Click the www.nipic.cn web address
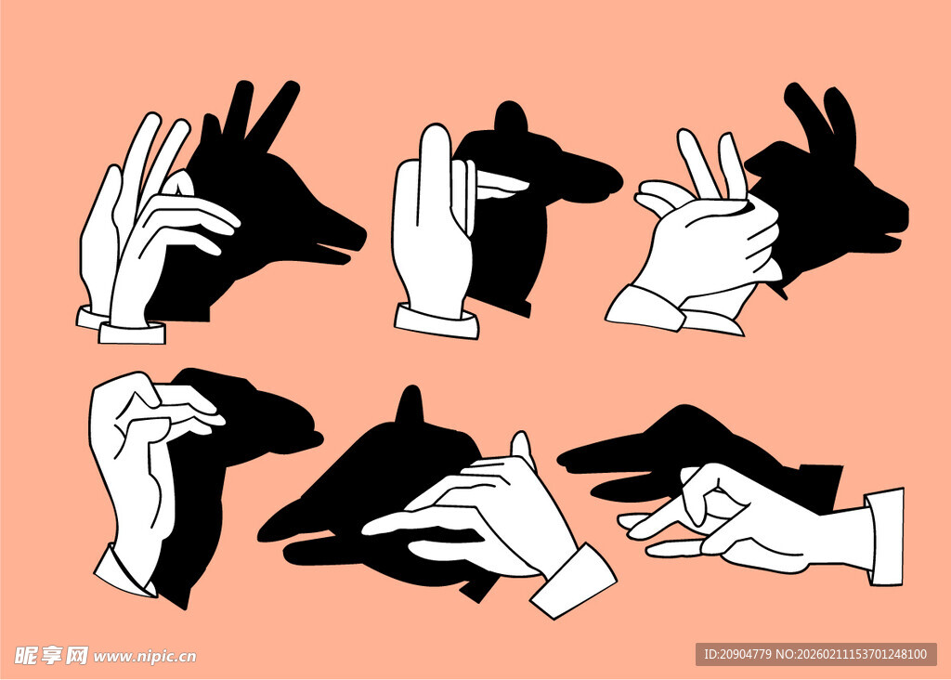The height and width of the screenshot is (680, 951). point(145,657)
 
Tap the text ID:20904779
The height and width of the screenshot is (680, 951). point(737,654)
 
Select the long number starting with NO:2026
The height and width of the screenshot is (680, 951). point(852,654)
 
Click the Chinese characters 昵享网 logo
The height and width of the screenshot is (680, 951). point(51,655)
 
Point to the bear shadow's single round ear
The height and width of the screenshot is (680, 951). point(511,116)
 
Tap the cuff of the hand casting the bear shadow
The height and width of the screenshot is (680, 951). point(436,322)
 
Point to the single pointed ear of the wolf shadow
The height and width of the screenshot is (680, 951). point(411,405)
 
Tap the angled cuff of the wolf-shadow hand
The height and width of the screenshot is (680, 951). point(574,582)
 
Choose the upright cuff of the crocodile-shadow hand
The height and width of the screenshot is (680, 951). point(885,537)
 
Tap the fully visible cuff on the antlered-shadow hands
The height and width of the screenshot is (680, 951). point(132,333)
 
